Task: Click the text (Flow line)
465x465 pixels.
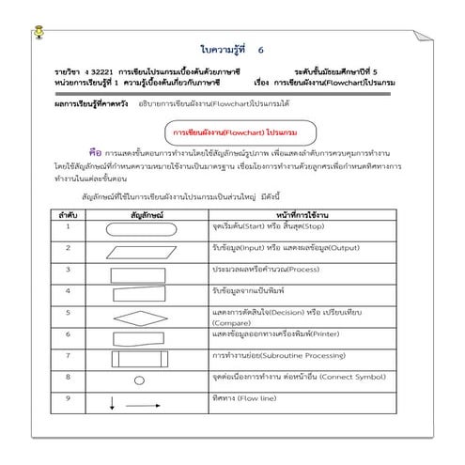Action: (x=256, y=398)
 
